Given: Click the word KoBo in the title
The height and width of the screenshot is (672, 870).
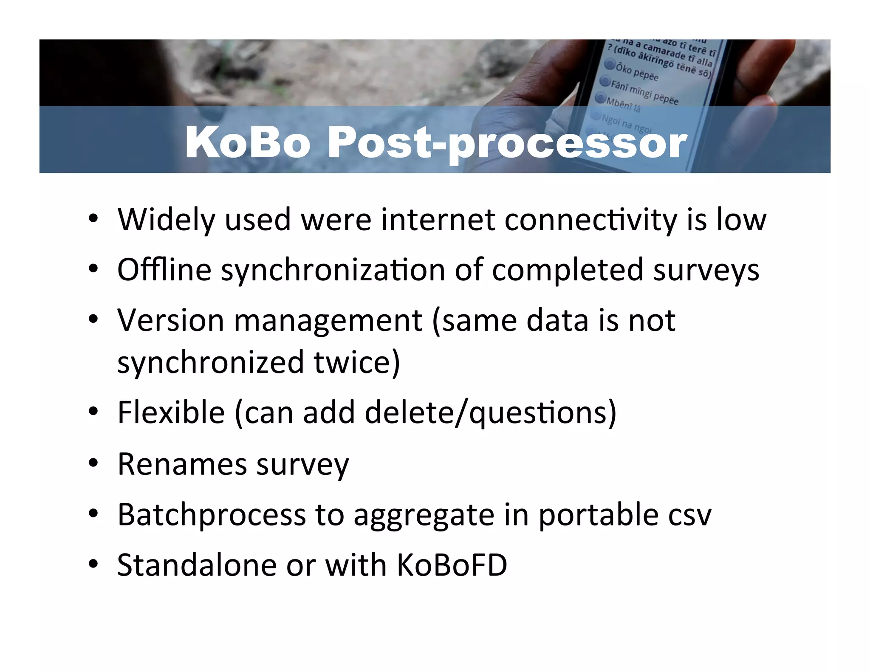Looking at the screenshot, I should tap(248, 142).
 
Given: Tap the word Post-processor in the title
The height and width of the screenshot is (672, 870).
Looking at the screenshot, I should tap(507, 143).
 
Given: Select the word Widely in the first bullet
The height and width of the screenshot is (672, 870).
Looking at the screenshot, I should tap(166, 220).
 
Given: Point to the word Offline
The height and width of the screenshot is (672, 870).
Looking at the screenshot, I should tap(164, 270).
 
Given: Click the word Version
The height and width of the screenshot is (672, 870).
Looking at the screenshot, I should tap(170, 320).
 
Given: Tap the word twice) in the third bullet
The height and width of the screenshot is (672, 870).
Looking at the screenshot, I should tap(356, 362).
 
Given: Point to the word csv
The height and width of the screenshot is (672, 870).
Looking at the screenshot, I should tap(689, 515).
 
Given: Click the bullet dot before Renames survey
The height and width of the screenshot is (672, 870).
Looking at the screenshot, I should tap(93, 463).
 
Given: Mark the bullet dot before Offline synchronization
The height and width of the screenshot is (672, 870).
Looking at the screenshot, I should tap(93, 269).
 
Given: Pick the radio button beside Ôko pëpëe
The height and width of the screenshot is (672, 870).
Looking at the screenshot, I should tap(610, 65).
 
